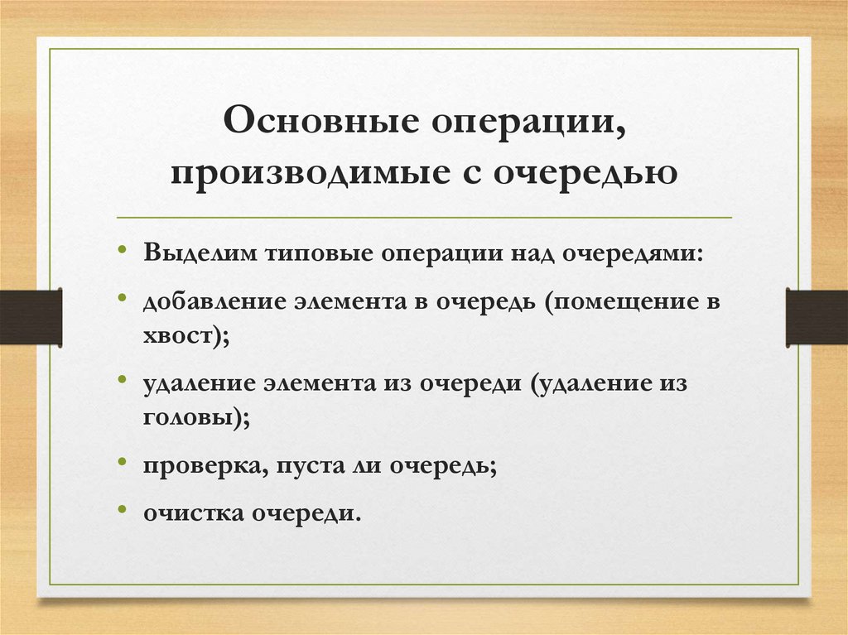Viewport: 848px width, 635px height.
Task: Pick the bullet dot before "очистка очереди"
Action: tap(123, 510)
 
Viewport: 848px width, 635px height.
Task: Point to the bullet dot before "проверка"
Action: tap(123, 464)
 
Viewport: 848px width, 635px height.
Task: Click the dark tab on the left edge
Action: tap(31, 316)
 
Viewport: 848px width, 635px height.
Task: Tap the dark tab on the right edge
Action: tap(817, 316)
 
